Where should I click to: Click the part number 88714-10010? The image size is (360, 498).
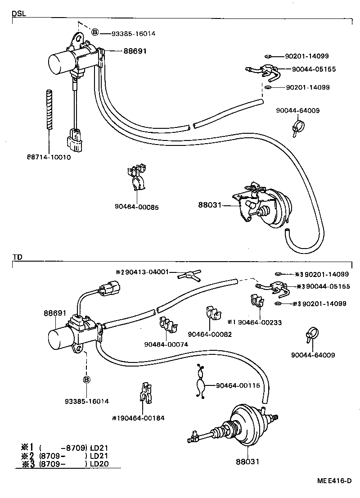[x=48, y=157]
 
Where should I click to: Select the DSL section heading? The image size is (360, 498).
[x=18, y=14]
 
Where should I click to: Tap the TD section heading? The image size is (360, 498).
[x=17, y=257]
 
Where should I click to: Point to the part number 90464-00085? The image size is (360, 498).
[x=136, y=207]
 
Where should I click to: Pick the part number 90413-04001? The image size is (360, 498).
[x=146, y=272]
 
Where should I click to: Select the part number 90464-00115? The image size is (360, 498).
[x=238, y=385]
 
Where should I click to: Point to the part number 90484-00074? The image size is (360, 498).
[x=166, y=344]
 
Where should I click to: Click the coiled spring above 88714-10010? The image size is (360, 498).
[x=49, y=110]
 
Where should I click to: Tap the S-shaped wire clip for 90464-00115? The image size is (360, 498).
[x=200, y=381]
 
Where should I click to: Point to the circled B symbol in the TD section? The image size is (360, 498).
[x=86, y=380]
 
